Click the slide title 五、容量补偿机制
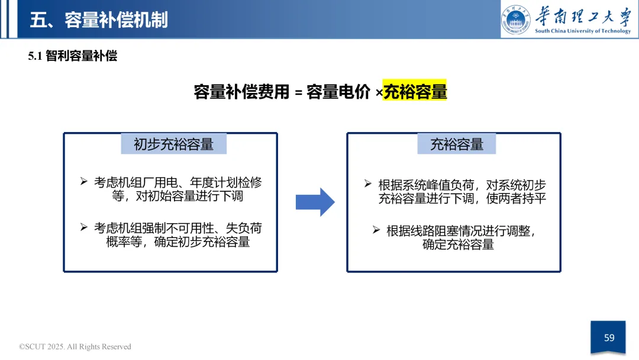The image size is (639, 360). pyautogui.click(x=99, y=20)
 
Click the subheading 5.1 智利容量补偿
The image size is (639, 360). pyautogui.click(x=73, y=56)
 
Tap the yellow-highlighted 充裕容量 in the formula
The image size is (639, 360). pyautogui.click(x=415, y=92)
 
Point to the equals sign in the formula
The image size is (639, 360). pyautogui.click(x=298, y=93)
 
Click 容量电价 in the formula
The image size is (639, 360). pyautogui.click(x=338, y=92)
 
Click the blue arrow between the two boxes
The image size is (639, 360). pyautogui.click(x=315, y=202)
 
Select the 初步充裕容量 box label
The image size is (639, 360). pyautogui.click(x=173, y=144)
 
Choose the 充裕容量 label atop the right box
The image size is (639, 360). pyautogui.click(x=456, y=144)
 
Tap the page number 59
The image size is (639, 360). pyautogui.click(x=609, y=337)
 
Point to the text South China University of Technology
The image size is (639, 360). pyautogui.click(x=583, y=31)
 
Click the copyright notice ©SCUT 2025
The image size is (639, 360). pyautogui.click(x=75, y=346)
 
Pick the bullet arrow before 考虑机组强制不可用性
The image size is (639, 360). pyautogui.click(x=84, y=227)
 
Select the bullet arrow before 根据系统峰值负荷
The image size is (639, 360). pyautogui.click(x=368, y=184)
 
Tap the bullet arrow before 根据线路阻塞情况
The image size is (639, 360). pyautogui.click(x=376, y=229)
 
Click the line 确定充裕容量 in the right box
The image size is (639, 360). pyautogui.click(x=458, y=245)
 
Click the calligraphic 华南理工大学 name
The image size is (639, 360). pyautogui.click(x=583, y=15)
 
